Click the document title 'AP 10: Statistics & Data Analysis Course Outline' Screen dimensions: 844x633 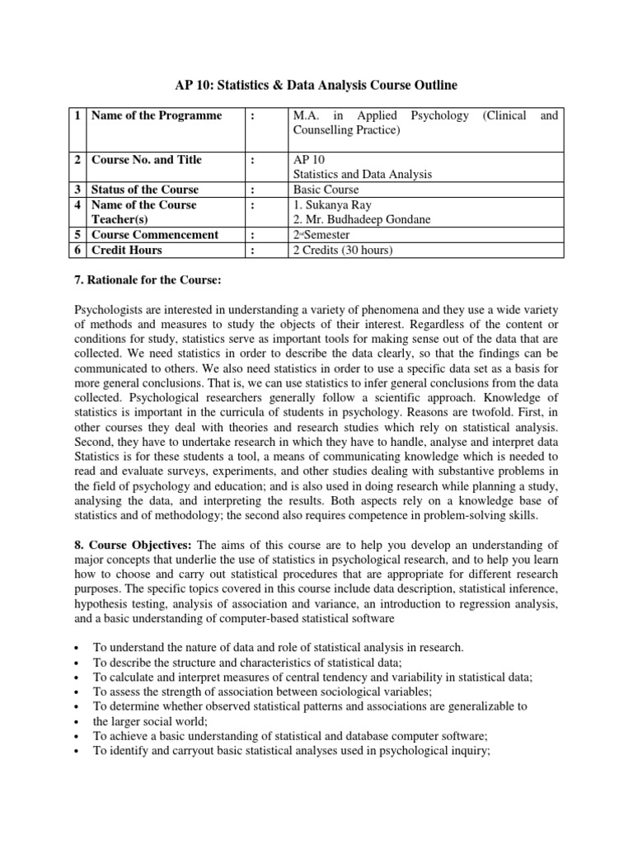(x=316, y=85)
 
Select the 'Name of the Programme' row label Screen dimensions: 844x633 (x=156, y=115)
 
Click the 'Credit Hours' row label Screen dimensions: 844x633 (x=126, y=250)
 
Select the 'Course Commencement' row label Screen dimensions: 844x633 (x=154, y=235)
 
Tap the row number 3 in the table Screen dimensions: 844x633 (x=77, y=190)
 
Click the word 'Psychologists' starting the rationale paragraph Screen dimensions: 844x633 (x=111, y=310)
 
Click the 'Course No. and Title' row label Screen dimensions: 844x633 (x=146, y=160)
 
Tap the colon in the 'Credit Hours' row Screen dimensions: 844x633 (x=253, y=250)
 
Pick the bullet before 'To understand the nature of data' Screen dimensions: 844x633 (x=76, y=648)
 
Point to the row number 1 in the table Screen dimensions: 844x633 (x=77, y=115)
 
